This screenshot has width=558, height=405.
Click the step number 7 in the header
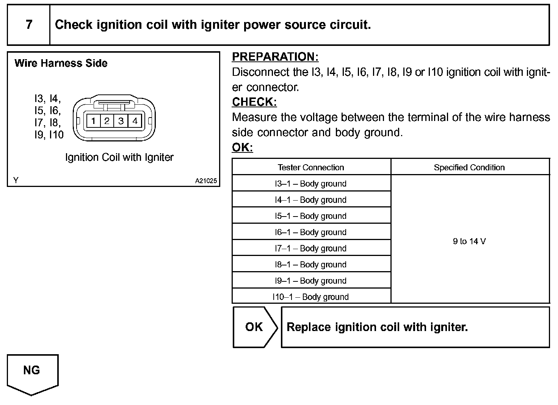29,25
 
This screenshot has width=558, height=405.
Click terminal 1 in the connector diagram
93,121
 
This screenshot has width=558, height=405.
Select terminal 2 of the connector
107,121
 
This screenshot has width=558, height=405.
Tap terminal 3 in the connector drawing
121,121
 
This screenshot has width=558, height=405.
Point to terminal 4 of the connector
135,121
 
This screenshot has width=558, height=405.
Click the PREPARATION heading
275,57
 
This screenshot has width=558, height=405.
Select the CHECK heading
254,102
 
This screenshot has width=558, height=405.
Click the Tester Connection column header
311,167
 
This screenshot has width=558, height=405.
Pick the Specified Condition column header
469,167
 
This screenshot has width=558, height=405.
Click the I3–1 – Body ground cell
311,184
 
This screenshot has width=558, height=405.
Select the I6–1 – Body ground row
311,232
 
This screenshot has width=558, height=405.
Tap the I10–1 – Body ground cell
311,297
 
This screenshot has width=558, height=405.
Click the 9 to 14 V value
469,241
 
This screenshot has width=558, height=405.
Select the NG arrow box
32,372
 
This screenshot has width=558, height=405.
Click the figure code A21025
206,181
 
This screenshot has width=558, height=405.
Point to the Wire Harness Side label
61,63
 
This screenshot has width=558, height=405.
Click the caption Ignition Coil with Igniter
119,157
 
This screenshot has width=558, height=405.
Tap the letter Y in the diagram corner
16,181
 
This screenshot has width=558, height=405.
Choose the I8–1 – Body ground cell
311,264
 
